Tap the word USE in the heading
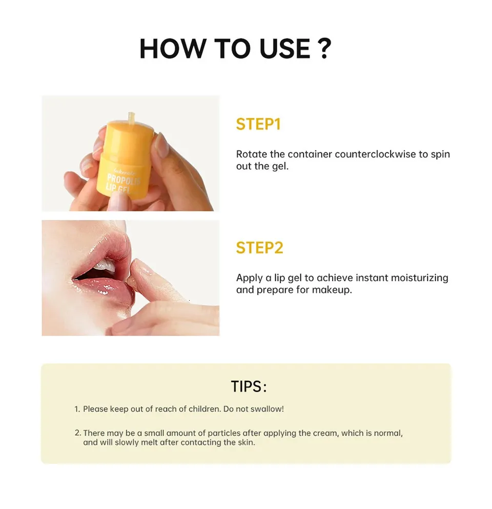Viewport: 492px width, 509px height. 285,49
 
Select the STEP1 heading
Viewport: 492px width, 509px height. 258,124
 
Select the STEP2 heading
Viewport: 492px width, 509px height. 259,248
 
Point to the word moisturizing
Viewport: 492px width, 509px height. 419,278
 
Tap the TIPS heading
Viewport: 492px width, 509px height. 249,386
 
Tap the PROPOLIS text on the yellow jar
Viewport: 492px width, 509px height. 123,180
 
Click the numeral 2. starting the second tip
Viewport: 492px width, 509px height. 78,433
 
